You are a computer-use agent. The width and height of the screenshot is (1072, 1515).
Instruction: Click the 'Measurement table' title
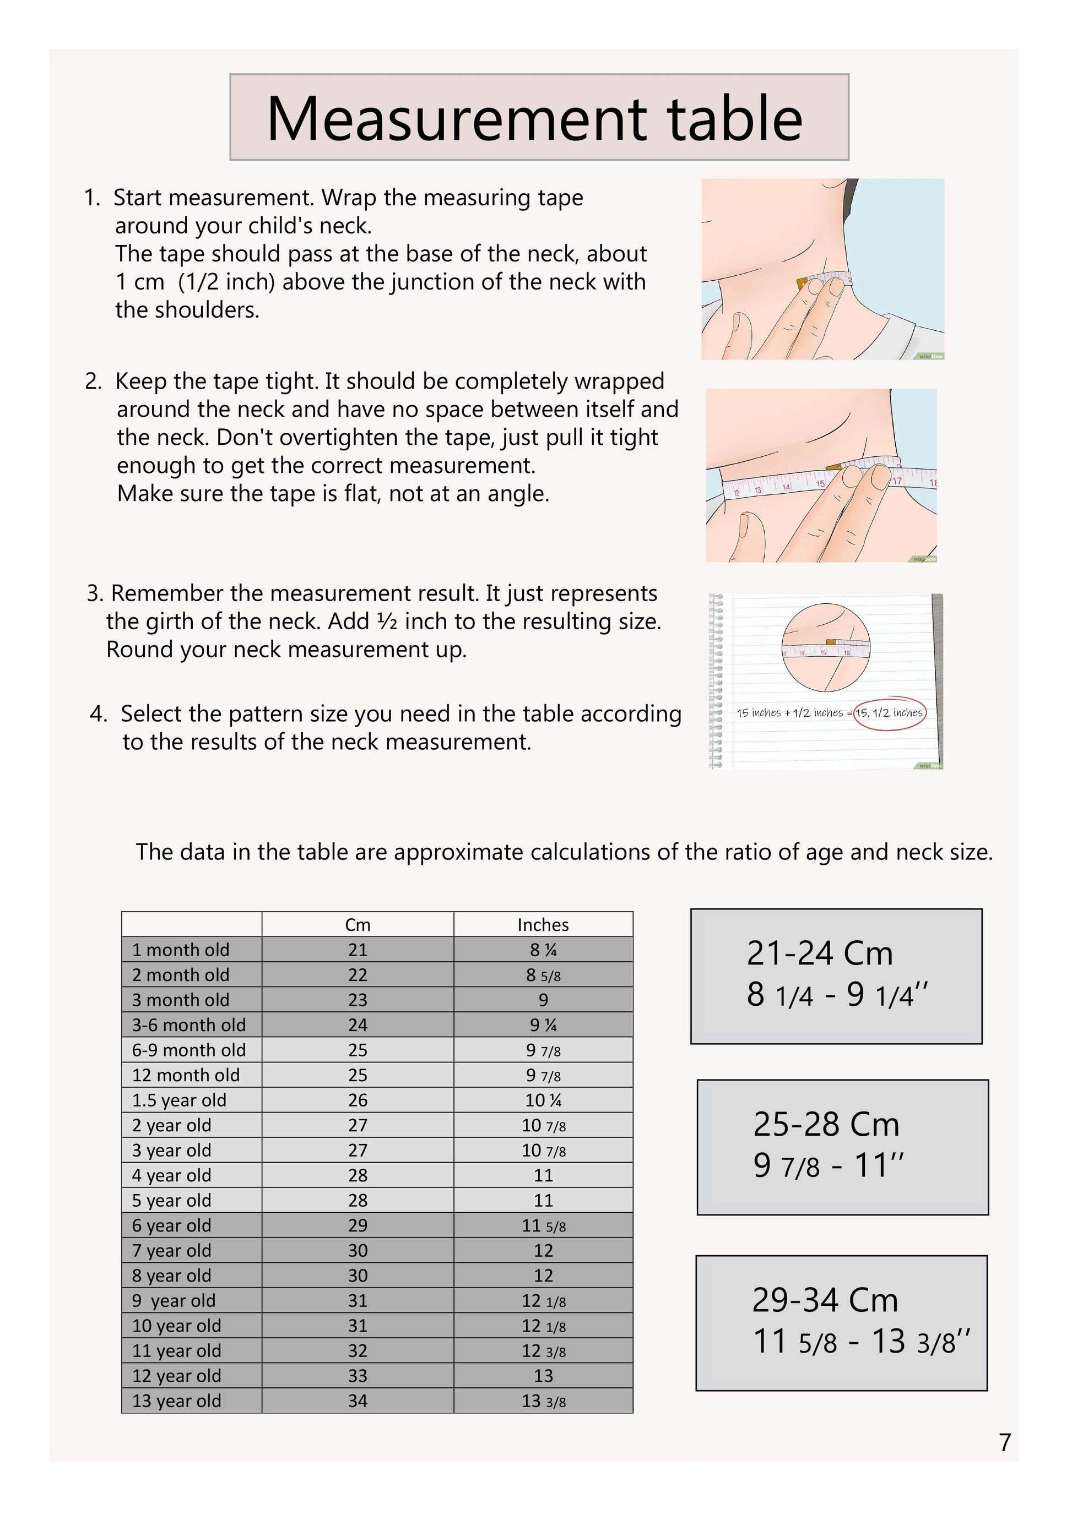click(x=535, y=119)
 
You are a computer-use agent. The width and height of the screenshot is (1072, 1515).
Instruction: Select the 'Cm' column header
click(x=358, y=924)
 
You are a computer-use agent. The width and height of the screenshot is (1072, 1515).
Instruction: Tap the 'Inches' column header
click(x=543, y=924)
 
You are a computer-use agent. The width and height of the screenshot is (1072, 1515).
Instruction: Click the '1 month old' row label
click(x=180, y=950)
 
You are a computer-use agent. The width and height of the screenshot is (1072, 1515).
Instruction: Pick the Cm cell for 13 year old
click(x=358, y=1401)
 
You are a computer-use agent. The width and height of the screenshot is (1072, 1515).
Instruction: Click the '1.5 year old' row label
click(x=179, y=1100)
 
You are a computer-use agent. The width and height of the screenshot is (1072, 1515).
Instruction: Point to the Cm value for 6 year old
click(x=358, y=1225)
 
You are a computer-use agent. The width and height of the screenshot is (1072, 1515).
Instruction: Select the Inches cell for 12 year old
click(x=543, y=1376)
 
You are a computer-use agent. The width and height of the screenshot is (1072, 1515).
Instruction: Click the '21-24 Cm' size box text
click(x=819, y=953)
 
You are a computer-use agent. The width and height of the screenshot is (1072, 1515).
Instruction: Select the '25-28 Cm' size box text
click(x=826, y=1124)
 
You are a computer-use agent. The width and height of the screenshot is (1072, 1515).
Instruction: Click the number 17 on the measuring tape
click(x=897, y=481)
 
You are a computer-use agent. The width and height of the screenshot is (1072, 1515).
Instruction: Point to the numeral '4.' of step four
click(x=99, y=714)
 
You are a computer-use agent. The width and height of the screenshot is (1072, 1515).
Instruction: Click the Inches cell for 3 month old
click(x=543, y=1000)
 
